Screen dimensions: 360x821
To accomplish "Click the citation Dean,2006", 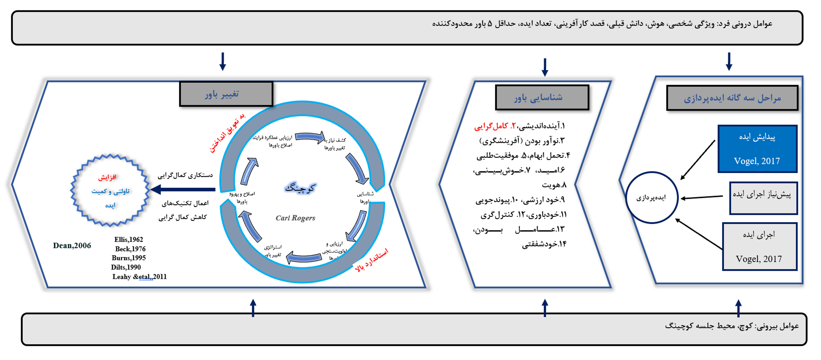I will pos(72,245).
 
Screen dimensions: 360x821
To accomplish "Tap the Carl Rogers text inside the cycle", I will pos(295,218).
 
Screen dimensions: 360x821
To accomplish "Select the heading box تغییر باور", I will pos(226,94).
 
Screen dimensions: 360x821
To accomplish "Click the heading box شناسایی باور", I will pos(542,97).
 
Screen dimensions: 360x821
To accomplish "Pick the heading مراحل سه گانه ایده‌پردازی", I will pos(732,98).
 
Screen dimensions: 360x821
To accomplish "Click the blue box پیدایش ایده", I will pos(757,149).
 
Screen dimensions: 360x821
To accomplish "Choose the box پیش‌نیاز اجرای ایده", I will pos(763,198).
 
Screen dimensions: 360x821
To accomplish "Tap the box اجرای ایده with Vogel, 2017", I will pos(759,246).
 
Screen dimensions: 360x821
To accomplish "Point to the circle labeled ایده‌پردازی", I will pos(651,198).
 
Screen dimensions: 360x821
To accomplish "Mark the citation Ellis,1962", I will pos(129,240).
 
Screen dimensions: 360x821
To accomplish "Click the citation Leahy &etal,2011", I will pos(139,277).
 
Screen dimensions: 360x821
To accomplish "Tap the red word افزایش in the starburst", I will pos(107,177).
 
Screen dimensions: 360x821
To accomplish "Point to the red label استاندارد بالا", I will pos(372,260).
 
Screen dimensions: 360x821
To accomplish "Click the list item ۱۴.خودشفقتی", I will pos(544,244).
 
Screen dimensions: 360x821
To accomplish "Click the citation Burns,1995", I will pos(129,258).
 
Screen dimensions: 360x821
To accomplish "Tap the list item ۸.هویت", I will pos(554,185).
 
